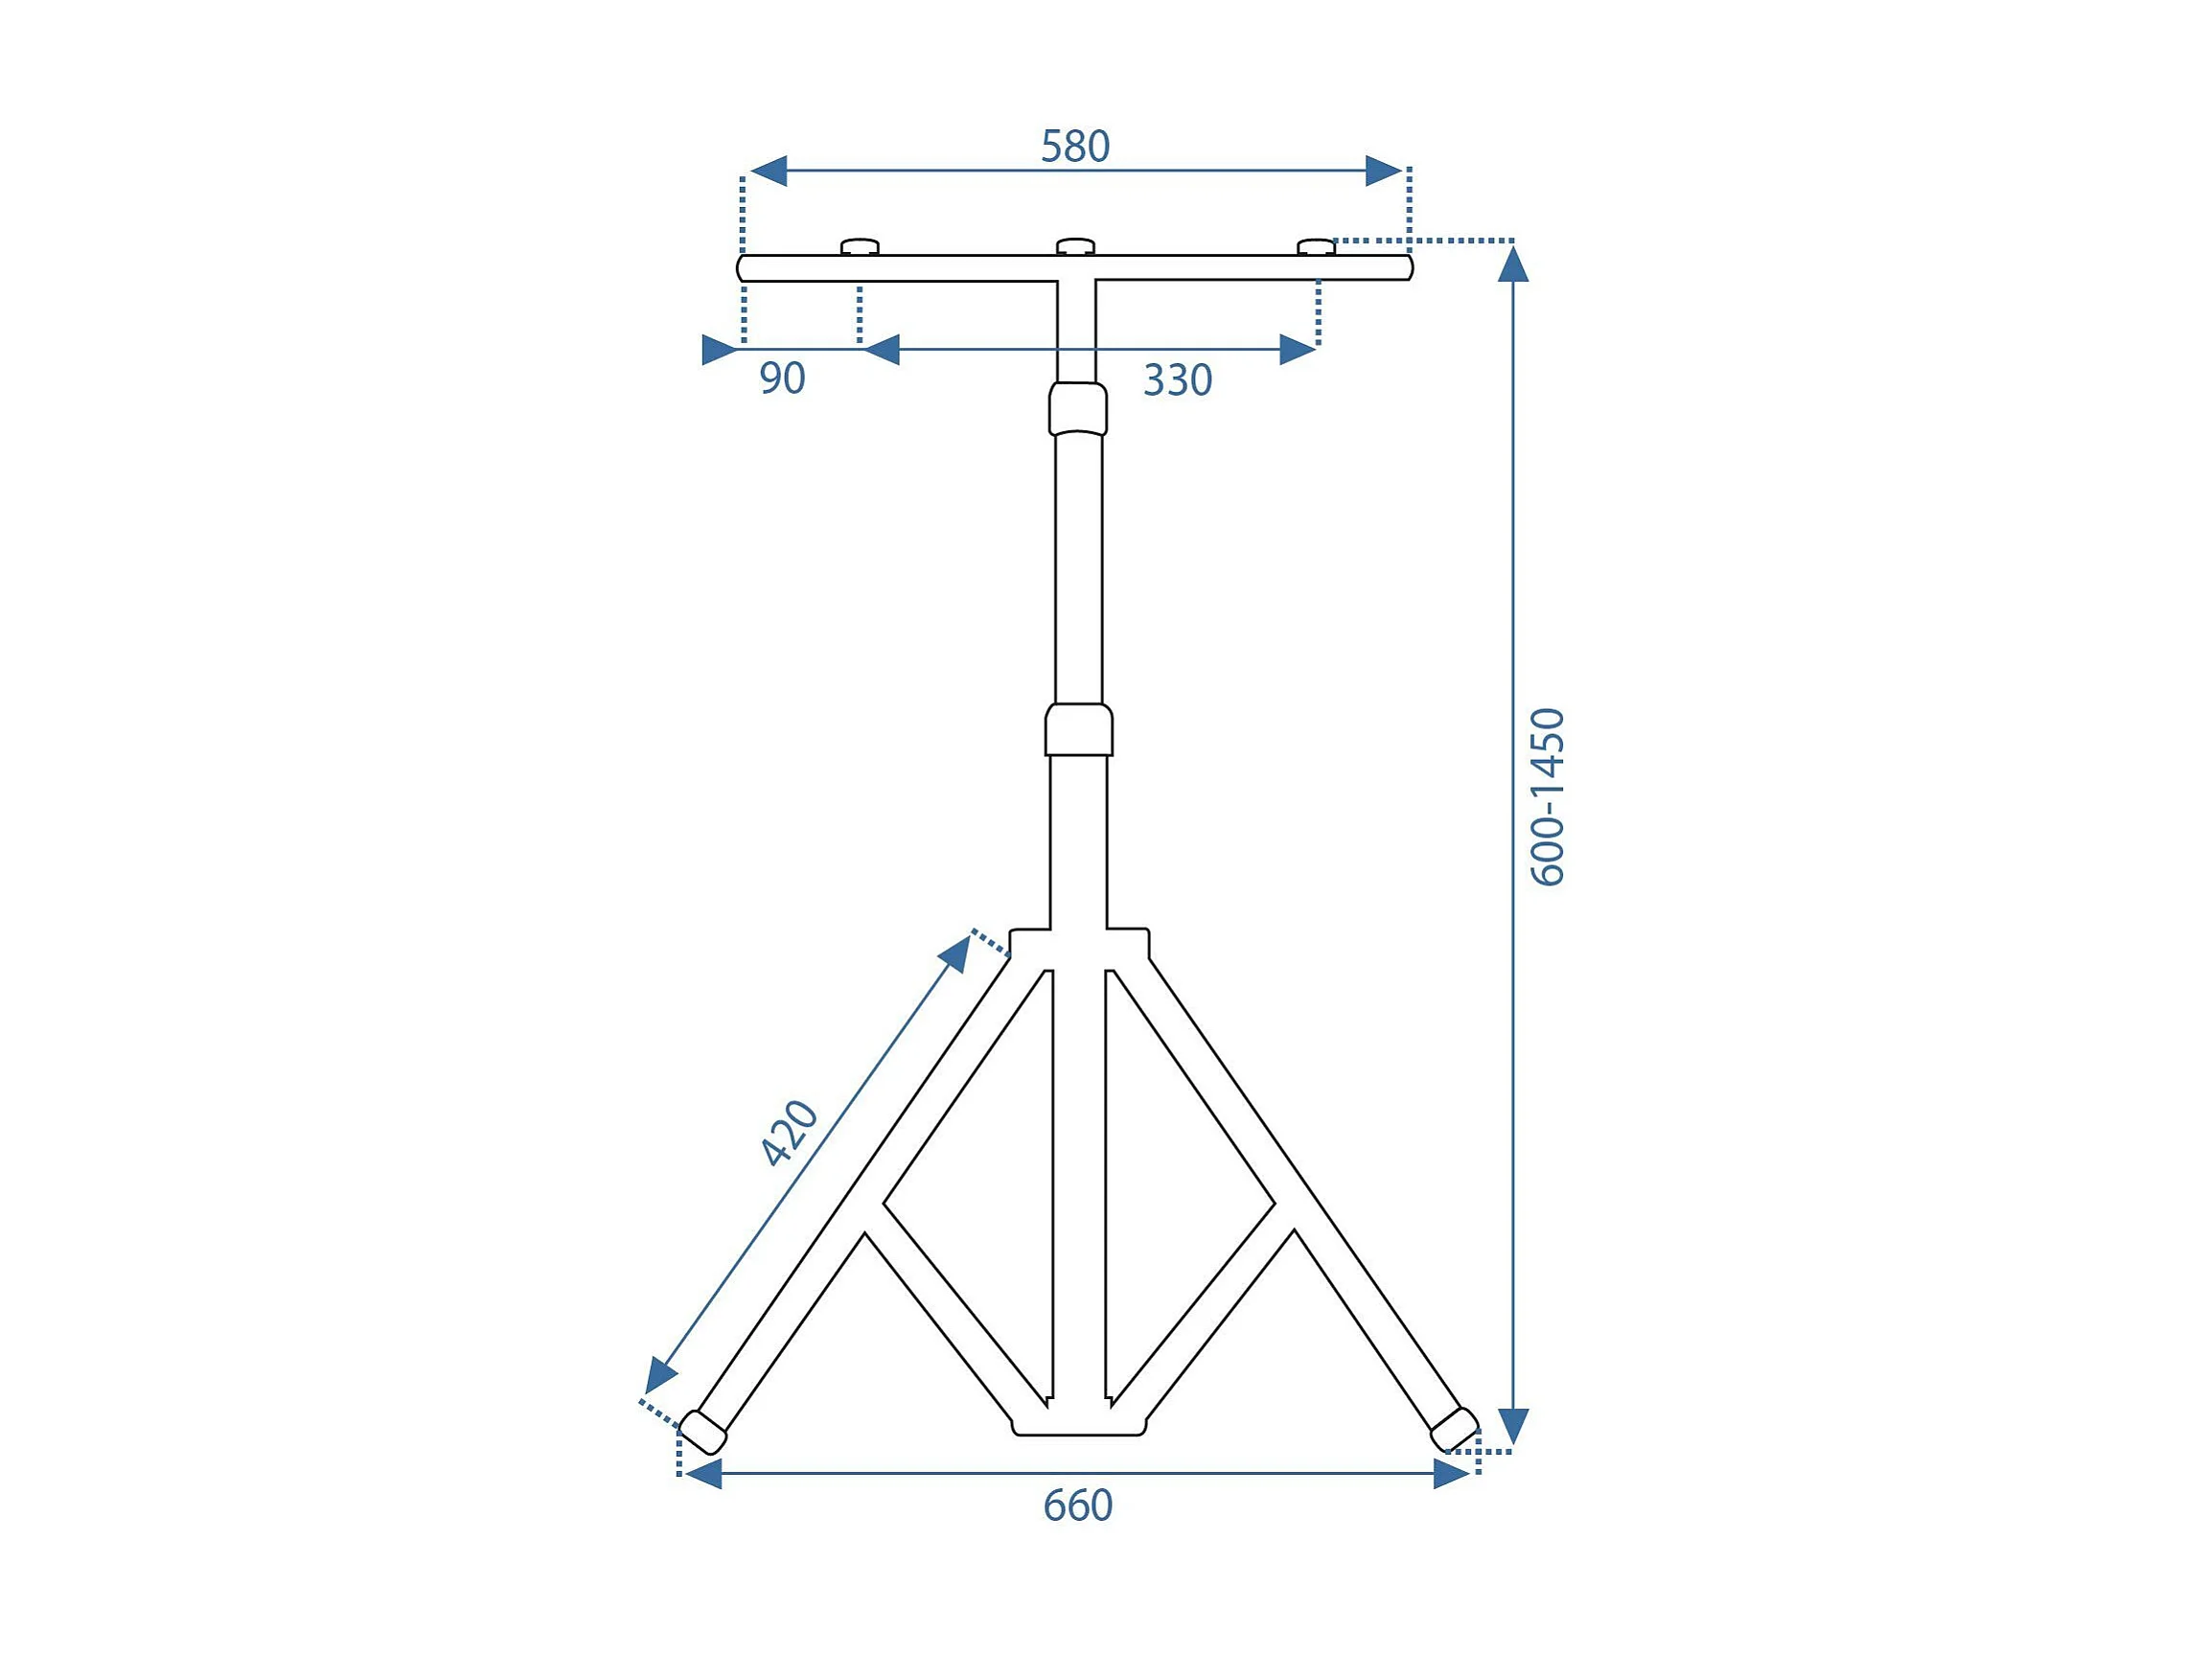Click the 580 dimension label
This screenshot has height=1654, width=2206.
[x=1075, y=147]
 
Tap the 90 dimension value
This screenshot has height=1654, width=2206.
[x=782, y=379]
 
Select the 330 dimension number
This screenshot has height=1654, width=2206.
[x=1178, y=380]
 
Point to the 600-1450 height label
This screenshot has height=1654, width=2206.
[x=1548, y=796]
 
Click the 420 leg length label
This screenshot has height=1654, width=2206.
[x=790, y=1133]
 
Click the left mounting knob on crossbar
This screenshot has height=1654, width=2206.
[x=860, y=246]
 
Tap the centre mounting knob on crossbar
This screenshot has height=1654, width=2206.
[x=1075, y=246]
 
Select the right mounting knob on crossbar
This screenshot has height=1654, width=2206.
[x=1316, y=246]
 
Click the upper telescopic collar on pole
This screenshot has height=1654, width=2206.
[x=1078, y=409]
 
